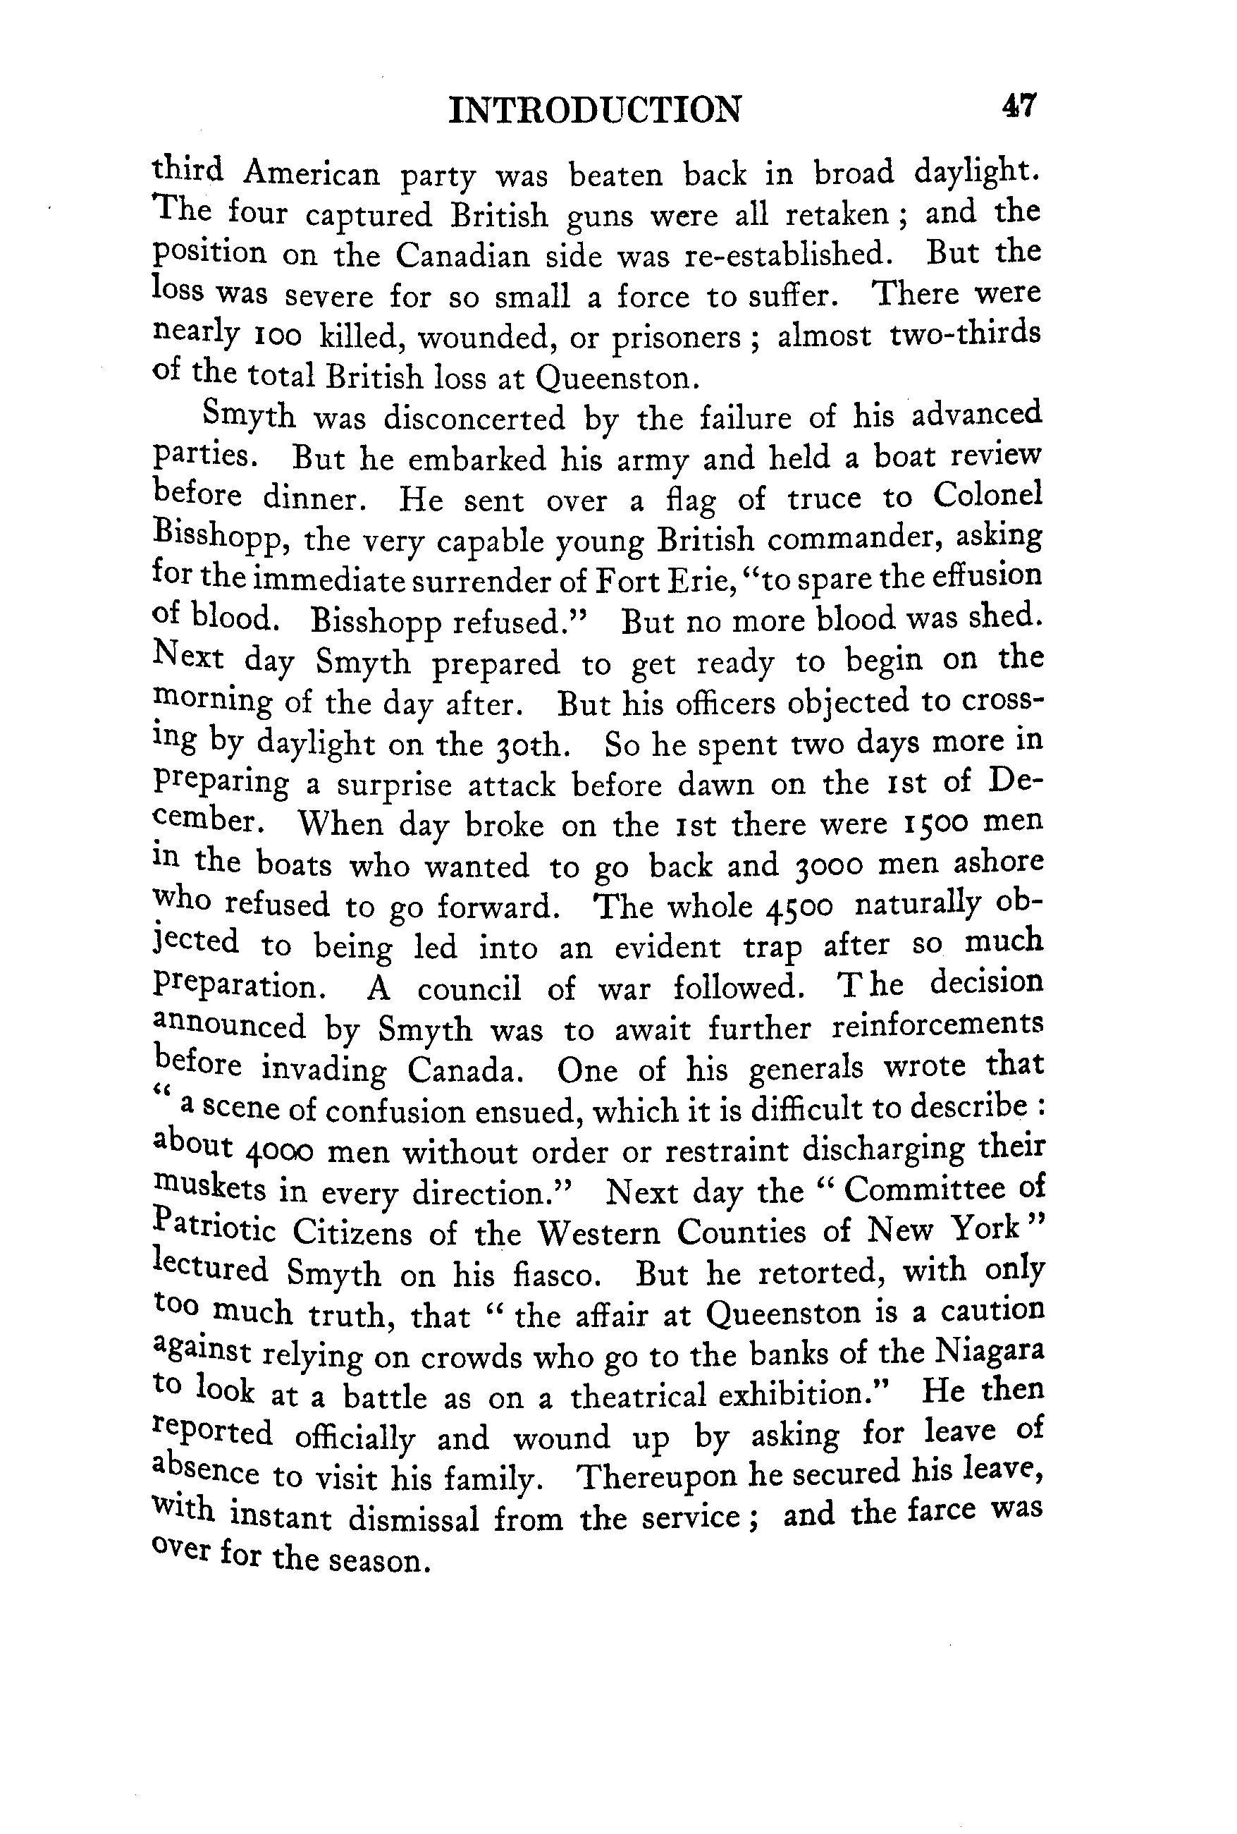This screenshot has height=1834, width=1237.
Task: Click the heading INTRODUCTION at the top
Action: [x=595, y=110]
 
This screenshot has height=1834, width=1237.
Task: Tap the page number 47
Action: [x=1019, y=106]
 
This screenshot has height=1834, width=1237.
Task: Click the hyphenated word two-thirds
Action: [x=965, y=335]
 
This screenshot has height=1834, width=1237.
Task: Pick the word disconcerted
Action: [x=475, y=418]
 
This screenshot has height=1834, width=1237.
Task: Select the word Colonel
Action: [x=987, y=496]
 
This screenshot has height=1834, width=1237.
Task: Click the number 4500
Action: [x=799, y=907]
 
